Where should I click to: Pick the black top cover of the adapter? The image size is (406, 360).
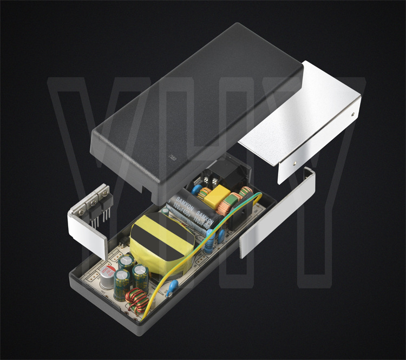coord(195,108)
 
